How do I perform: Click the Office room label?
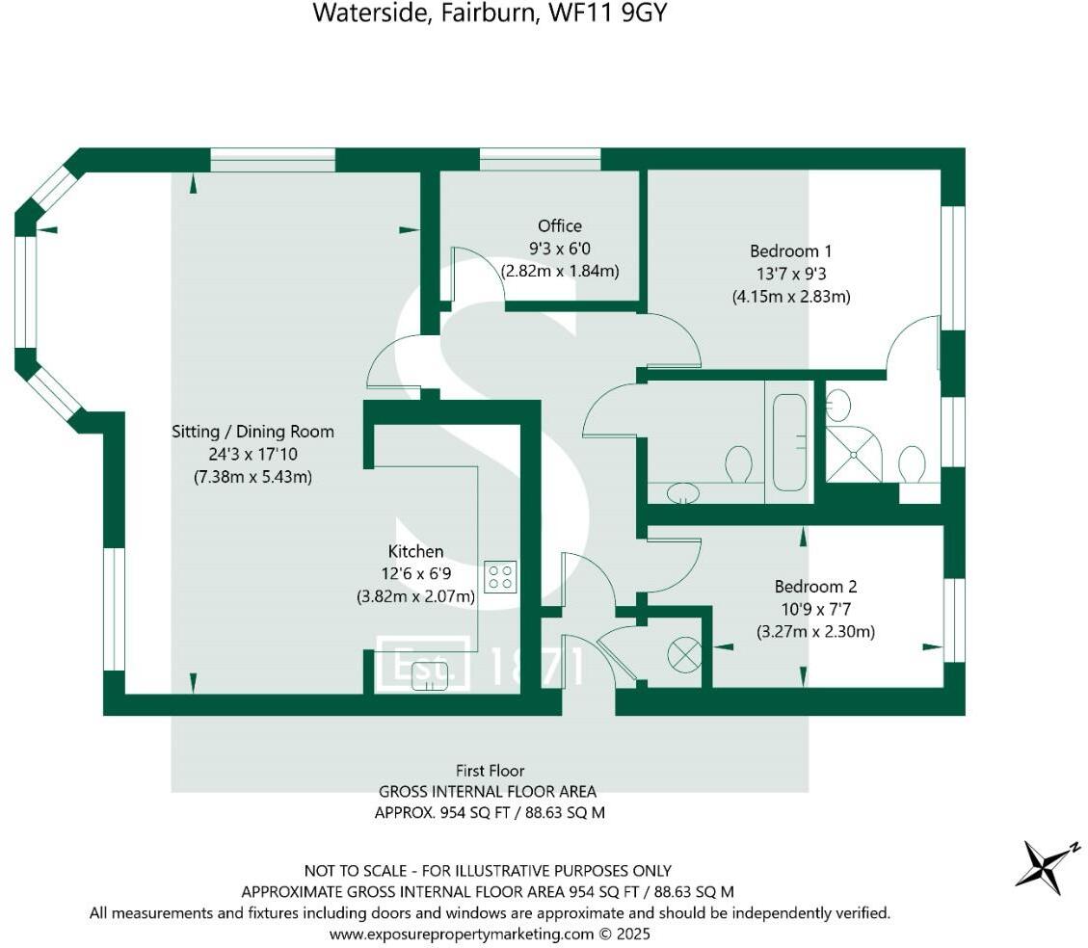click(x=560, y=225)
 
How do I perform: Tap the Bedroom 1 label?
click(x=791, y=251)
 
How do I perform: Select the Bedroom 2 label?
click(x=815, y=586)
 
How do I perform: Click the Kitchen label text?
click(x=415, y=551)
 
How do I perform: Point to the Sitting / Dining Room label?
click(x=252, y=431)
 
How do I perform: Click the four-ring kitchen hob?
click(x=500, y=576)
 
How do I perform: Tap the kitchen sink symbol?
click(x=431, y=677)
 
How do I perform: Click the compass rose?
click(x=1045, y=863)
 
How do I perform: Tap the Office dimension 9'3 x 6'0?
click(x=560, y=249)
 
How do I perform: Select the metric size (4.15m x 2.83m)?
click(x=791, y=297)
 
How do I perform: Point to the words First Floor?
click(x=491, y=770)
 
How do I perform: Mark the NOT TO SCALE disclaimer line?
click(x=488, y=870)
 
